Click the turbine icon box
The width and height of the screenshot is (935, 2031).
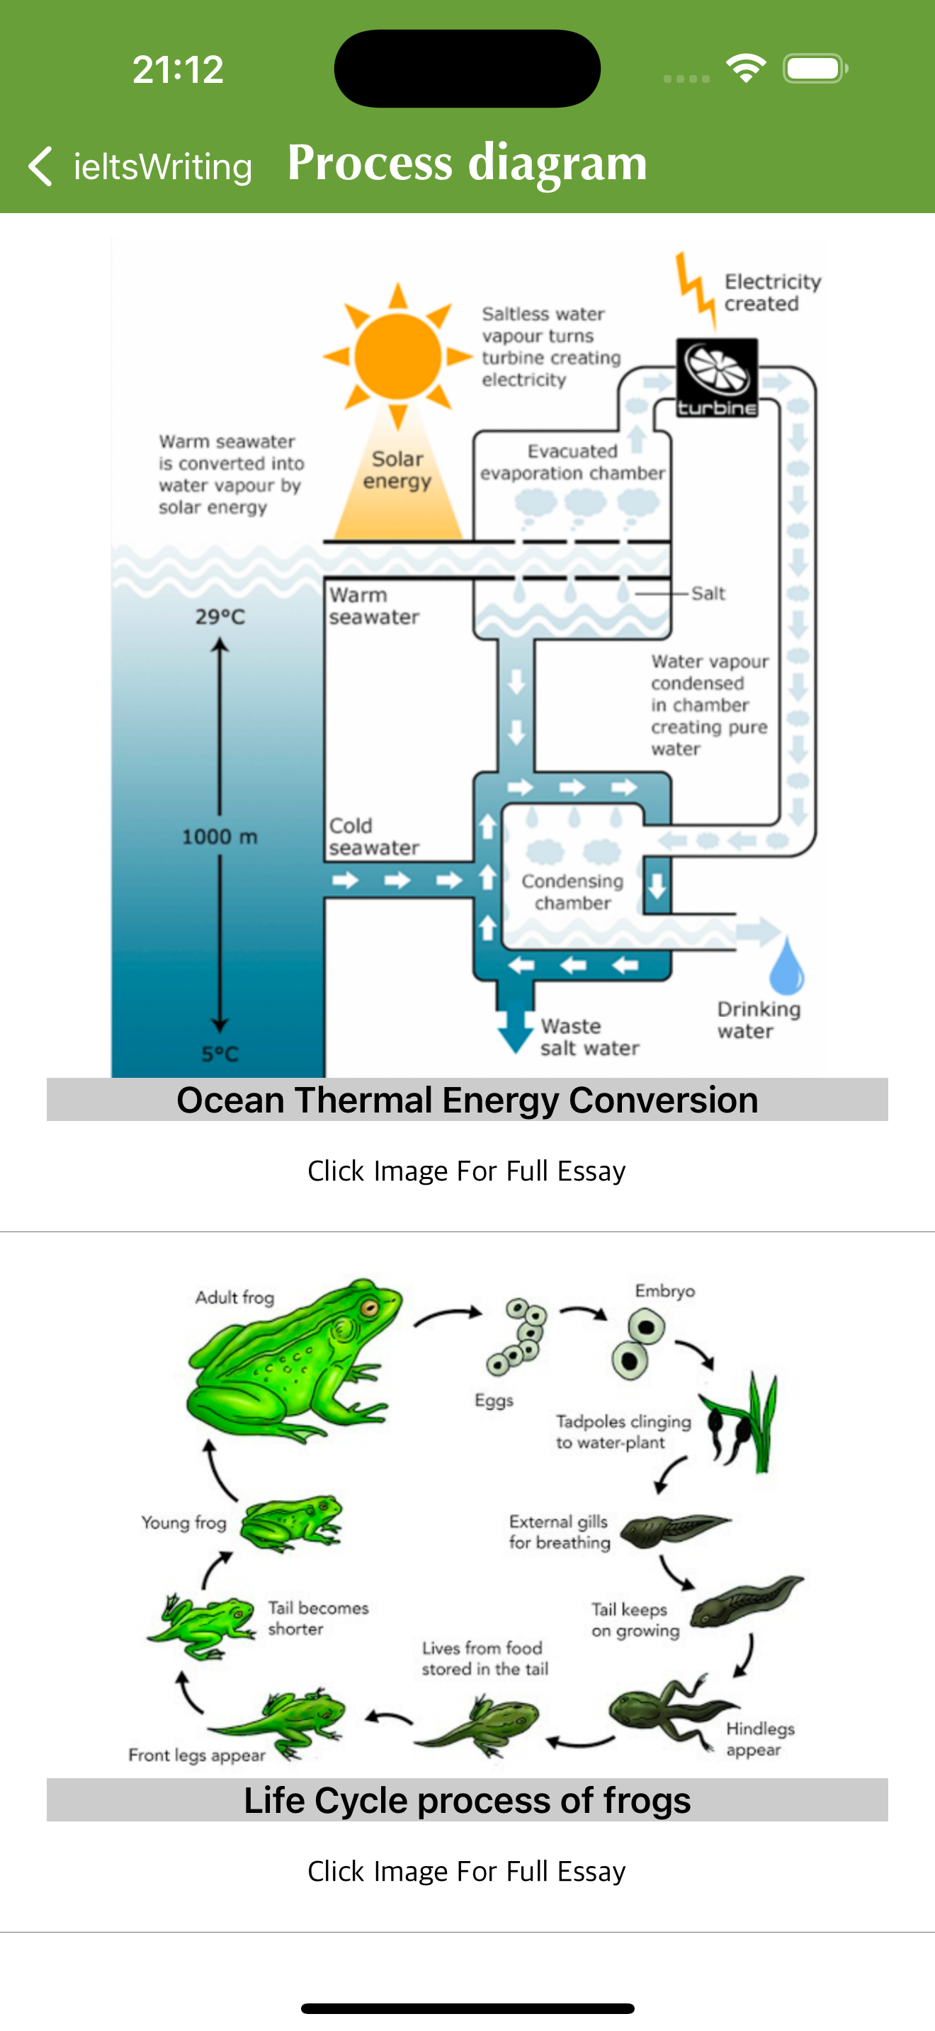point(717,377)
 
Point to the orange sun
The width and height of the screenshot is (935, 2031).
point(397,355)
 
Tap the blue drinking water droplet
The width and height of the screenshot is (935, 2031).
point(786,967)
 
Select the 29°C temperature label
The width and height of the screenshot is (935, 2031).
point(220,617)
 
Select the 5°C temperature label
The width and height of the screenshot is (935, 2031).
point(220,1053)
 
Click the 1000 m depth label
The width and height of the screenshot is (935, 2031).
point(220,836)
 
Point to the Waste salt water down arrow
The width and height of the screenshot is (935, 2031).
point(516,1025)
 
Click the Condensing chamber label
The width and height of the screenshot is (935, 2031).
point(572,892)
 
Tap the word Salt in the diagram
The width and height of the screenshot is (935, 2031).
point(708,593)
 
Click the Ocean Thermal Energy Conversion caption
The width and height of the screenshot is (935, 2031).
point(467,1100)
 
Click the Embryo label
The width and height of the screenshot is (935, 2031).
point(664,1291)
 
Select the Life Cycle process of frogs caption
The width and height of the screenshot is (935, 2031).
point(467,1800)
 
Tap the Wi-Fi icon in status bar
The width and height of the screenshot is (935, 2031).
point(746,69)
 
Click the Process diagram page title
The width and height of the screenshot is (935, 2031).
point(467,162)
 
